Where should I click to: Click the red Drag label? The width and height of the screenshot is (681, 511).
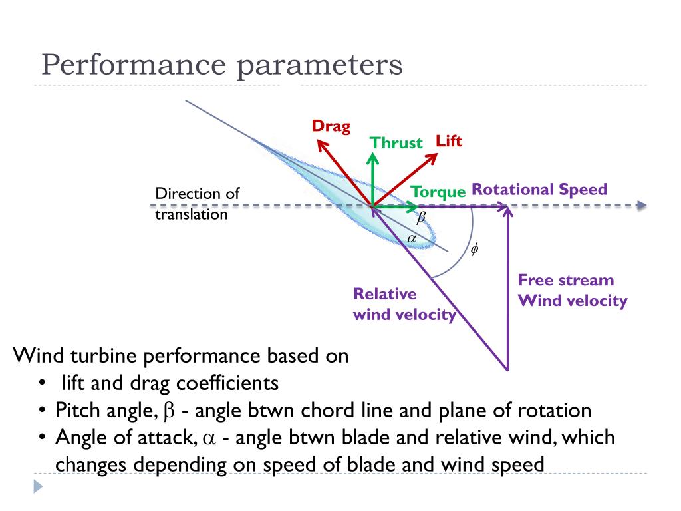tap(331, 126)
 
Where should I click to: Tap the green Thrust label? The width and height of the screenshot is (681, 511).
tap(396, 143)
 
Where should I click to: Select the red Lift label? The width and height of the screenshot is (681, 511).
tap(449, 141)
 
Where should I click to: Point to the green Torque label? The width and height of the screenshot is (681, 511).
tap(438, 192)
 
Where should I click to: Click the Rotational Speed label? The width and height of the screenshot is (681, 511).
tap(539, 189)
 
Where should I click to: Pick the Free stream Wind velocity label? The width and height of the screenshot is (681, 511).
tap(573, 291)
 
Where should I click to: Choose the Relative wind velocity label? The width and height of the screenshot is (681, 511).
tap(404, 304)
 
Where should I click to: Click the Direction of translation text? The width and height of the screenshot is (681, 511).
tap(197, 204)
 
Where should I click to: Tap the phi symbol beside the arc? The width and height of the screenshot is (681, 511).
tap(474, 250)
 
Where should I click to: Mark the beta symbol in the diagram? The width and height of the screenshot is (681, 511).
tap(420, 218)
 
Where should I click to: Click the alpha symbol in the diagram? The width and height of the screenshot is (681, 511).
tap(411, 237)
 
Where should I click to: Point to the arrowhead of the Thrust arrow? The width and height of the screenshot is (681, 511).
tap(373, 157)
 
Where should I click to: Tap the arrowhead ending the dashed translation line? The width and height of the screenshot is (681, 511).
tap(641, 206)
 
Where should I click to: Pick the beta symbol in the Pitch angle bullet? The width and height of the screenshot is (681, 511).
tap(168, 411)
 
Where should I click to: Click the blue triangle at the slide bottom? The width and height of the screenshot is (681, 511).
tap(37, 487)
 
